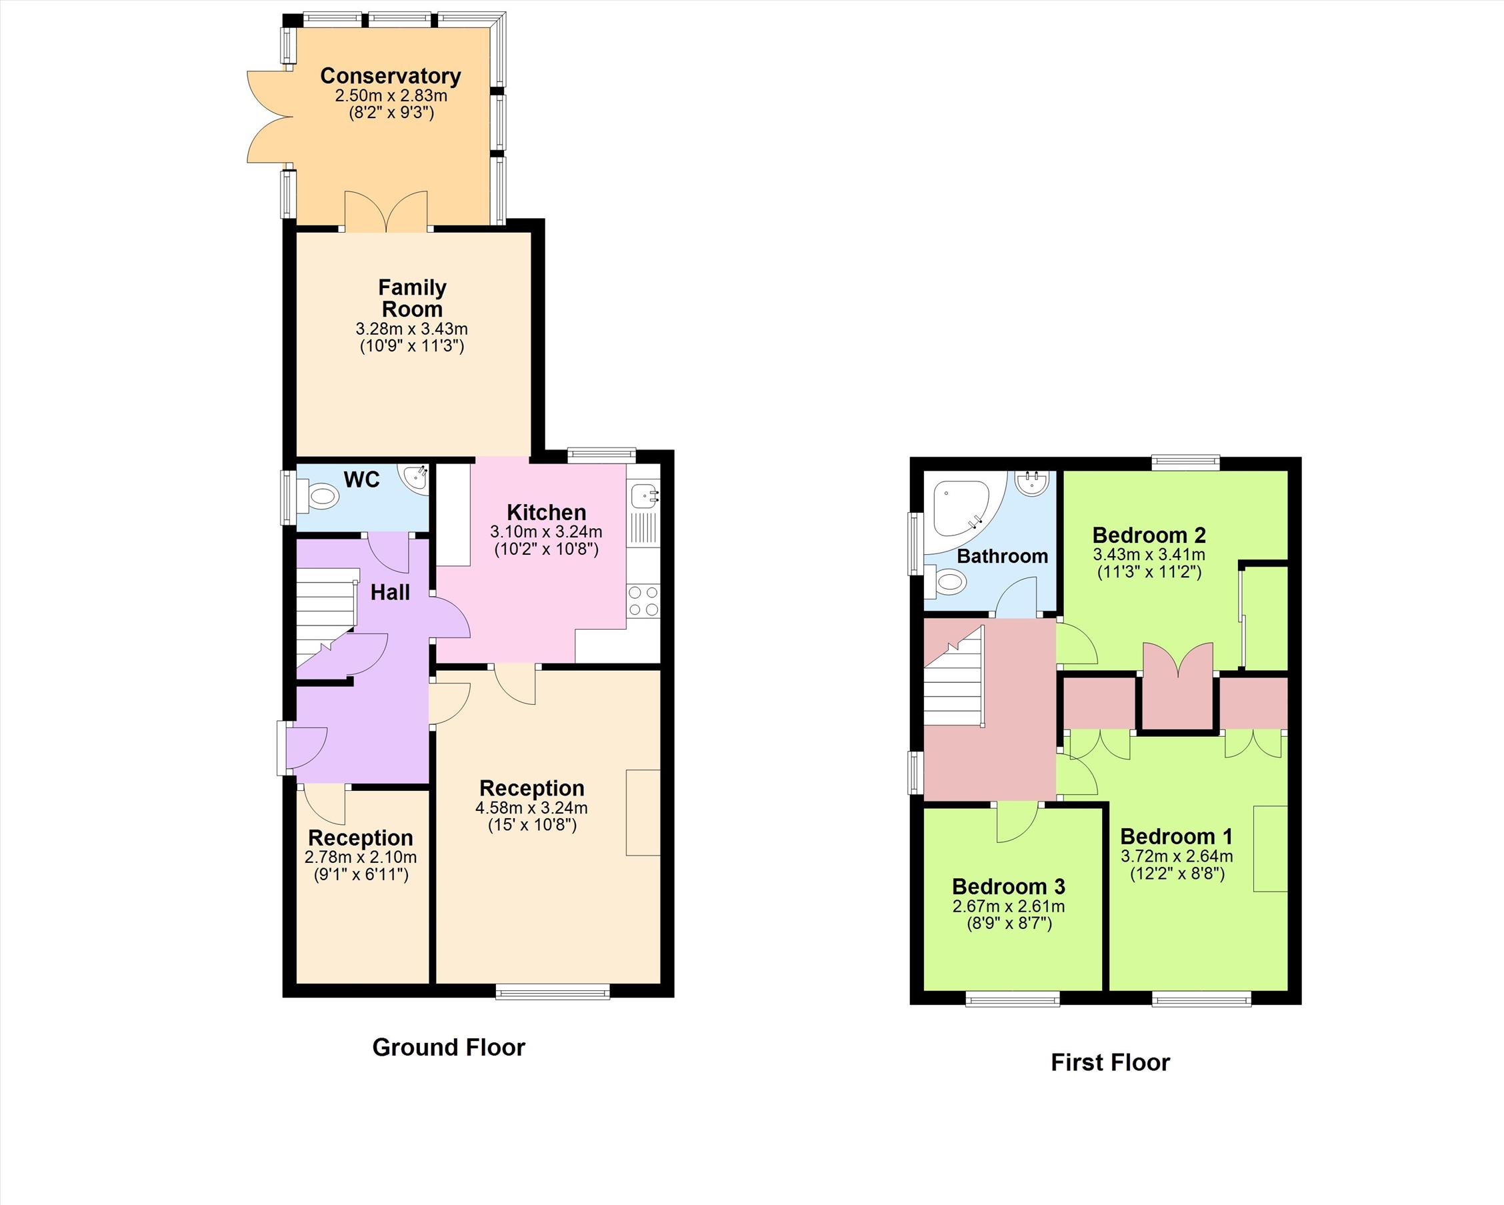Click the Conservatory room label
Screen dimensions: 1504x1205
[x=391, y=75]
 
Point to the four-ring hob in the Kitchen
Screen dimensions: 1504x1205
[x=643, y=601]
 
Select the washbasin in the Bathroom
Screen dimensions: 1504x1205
[x=1033, y=483]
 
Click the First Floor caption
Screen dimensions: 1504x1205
[x=1111, y=1062]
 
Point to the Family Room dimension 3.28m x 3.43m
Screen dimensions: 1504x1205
[x=411, y=329]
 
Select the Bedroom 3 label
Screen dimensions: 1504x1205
[x=1009, y=886]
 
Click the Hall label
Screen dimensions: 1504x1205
[x=390, y=592]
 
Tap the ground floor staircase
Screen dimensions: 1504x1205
[x=327, y=618]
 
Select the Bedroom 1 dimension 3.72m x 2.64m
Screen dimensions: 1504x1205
[x=1177, y=856]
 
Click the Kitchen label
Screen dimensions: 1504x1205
[x=546, y=512]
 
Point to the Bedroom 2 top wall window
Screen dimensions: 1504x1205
[x=1185, y=462]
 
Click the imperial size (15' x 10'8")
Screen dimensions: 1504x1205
[x=532, y=825]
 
